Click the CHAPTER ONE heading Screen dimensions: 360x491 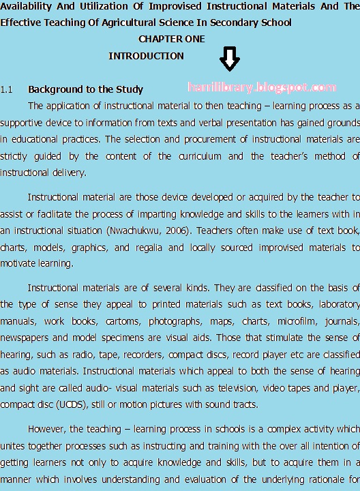171,39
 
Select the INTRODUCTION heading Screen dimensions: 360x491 146,56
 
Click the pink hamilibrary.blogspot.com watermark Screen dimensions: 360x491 261,87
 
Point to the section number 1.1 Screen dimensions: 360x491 7,89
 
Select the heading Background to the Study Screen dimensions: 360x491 85,89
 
